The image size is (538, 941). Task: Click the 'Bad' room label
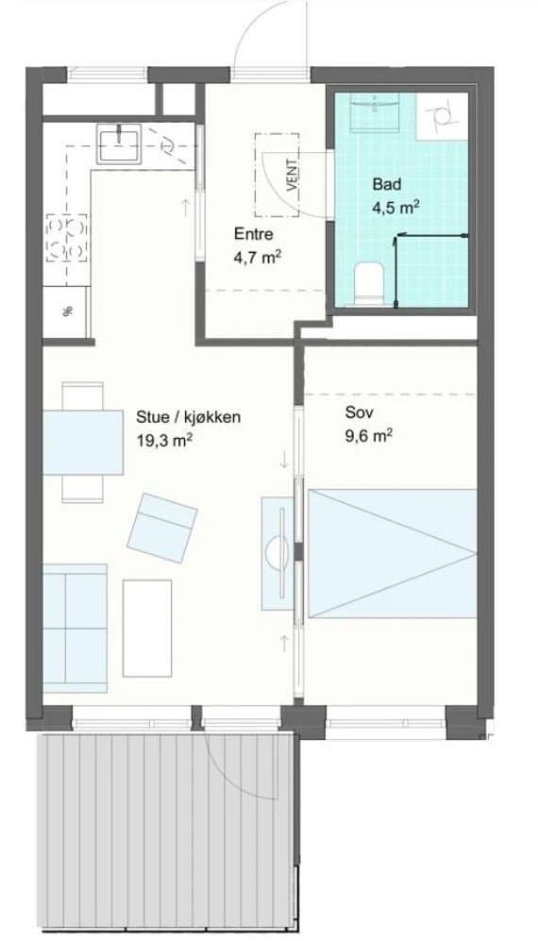(x=387, y=184)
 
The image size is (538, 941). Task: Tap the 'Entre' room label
(x=253, y=234)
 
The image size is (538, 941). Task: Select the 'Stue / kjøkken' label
(x=189, y=417)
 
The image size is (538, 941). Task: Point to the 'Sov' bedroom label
(x=358, y=412)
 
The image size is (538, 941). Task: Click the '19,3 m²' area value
(x=164, y=440)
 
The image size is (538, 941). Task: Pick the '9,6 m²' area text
(x=369, y=435)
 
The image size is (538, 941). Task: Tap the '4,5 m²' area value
(x=395, y=208)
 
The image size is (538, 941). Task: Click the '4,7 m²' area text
(x=258, y=258)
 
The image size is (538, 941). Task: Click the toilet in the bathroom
(x=369, y=284)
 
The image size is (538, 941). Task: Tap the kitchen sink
(x=120, y=143)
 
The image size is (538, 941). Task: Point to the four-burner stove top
(x=67, y=238)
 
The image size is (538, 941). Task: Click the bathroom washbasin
(x=375, y=111)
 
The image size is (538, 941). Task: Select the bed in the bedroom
(x=392, y=553)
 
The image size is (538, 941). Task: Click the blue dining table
(x=83, y=443)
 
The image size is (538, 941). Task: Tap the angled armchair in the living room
(x=162, y=529)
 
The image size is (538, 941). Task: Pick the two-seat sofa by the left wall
(x=76, y=628)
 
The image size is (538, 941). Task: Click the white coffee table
(x=147, y=628)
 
